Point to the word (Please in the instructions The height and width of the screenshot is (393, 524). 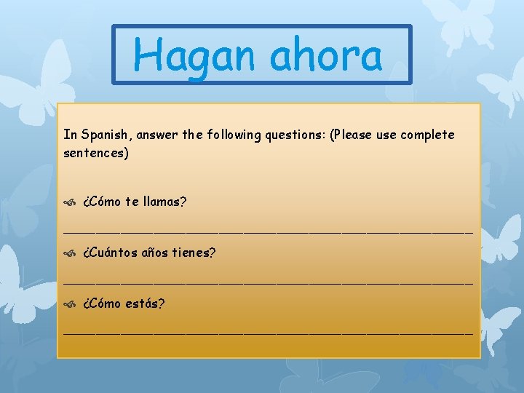354,135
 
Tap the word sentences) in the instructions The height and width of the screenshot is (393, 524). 96,154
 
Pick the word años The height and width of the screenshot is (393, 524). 157,253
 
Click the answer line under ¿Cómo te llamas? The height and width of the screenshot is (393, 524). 268,231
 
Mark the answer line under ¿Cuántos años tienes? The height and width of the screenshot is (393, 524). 268,282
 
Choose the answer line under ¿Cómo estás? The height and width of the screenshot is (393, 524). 268,332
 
